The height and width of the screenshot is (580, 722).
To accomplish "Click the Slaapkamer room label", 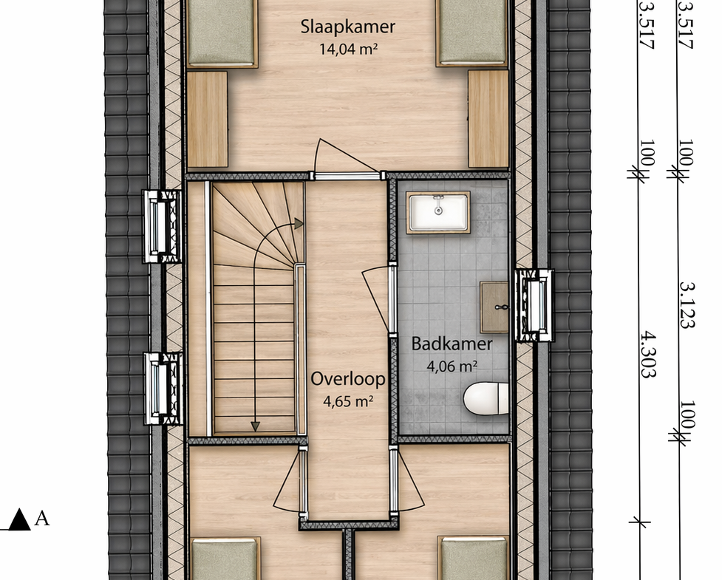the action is coord(347,27).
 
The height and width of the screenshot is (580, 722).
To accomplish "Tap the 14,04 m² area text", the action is coord(349,49).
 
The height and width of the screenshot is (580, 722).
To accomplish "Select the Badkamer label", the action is coord(452,344).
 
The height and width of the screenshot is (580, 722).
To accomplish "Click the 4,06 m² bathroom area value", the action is coord(452,366).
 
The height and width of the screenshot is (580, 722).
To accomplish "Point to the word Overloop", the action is coord(347,379).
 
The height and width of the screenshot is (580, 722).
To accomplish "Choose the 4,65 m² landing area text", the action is coord(347,401).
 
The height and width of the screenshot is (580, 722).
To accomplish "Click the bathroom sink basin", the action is coord(438,212).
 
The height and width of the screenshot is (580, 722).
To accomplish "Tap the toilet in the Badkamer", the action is coord(486,399).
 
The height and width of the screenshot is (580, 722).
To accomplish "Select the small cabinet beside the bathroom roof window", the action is coord(494,307).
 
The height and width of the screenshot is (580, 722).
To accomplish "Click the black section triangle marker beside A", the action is coord(19,519).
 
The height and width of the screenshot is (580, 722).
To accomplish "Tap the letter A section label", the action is coord(42,519).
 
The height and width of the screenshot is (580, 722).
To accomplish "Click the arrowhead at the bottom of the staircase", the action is coord(255,426).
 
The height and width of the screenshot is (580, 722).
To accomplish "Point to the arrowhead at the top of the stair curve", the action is coord(299,224).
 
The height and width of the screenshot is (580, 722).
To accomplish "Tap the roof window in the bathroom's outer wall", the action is coord(534,305).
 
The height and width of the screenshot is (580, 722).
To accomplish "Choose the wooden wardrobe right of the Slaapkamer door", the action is coord(488,119).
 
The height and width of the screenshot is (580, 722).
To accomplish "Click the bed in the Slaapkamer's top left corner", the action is coord(222,33).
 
